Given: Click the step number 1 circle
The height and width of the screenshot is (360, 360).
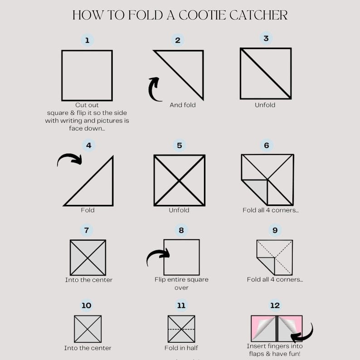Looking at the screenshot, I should coord(87,40).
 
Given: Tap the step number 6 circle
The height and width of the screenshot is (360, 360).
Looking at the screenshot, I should coord(267,145).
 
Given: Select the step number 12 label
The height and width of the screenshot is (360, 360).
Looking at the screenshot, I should coord(275,305).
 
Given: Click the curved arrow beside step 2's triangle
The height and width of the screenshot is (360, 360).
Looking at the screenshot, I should coord(155,89).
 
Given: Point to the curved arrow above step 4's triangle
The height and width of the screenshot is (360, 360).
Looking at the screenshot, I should coord(70,159).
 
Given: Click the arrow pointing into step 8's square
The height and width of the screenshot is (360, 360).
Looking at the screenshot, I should coord(158,257).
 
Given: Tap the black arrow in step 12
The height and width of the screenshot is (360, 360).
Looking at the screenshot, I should coord(302,334).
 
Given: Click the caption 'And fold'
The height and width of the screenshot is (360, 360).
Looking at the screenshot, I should coord(183,105).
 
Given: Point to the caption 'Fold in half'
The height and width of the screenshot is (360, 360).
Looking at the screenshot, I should coord(181,348).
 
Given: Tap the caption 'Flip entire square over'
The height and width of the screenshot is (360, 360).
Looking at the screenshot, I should coord(181,283).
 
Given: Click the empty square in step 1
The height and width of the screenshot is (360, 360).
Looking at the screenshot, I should coord(87,75).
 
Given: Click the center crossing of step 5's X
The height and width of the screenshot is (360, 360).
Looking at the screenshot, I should coord(180,180).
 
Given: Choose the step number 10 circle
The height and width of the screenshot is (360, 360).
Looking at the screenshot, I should coord(86,305).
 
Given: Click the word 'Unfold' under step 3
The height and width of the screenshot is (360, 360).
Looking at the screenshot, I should coord(265,105).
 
